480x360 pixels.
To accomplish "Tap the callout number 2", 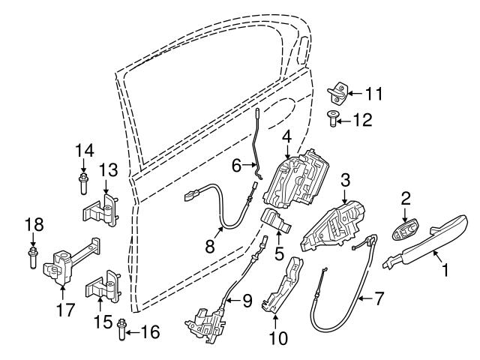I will click(x=405, y=198).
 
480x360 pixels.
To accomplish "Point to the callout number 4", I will click(x=286, y=137).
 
